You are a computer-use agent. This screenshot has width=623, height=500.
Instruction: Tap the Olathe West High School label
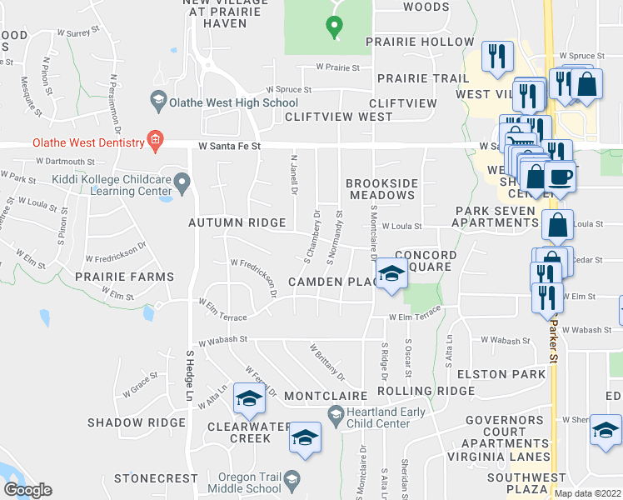222,102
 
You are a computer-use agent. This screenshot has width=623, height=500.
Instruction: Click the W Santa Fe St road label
230,146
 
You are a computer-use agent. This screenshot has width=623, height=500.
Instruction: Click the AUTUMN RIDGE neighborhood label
237,223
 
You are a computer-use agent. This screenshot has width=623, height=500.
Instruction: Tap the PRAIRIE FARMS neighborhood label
125,277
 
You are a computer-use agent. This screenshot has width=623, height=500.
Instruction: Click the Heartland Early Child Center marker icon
335,413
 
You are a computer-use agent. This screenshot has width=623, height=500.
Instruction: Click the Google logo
28,491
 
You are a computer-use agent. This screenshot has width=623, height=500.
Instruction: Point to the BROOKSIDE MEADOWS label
380,189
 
